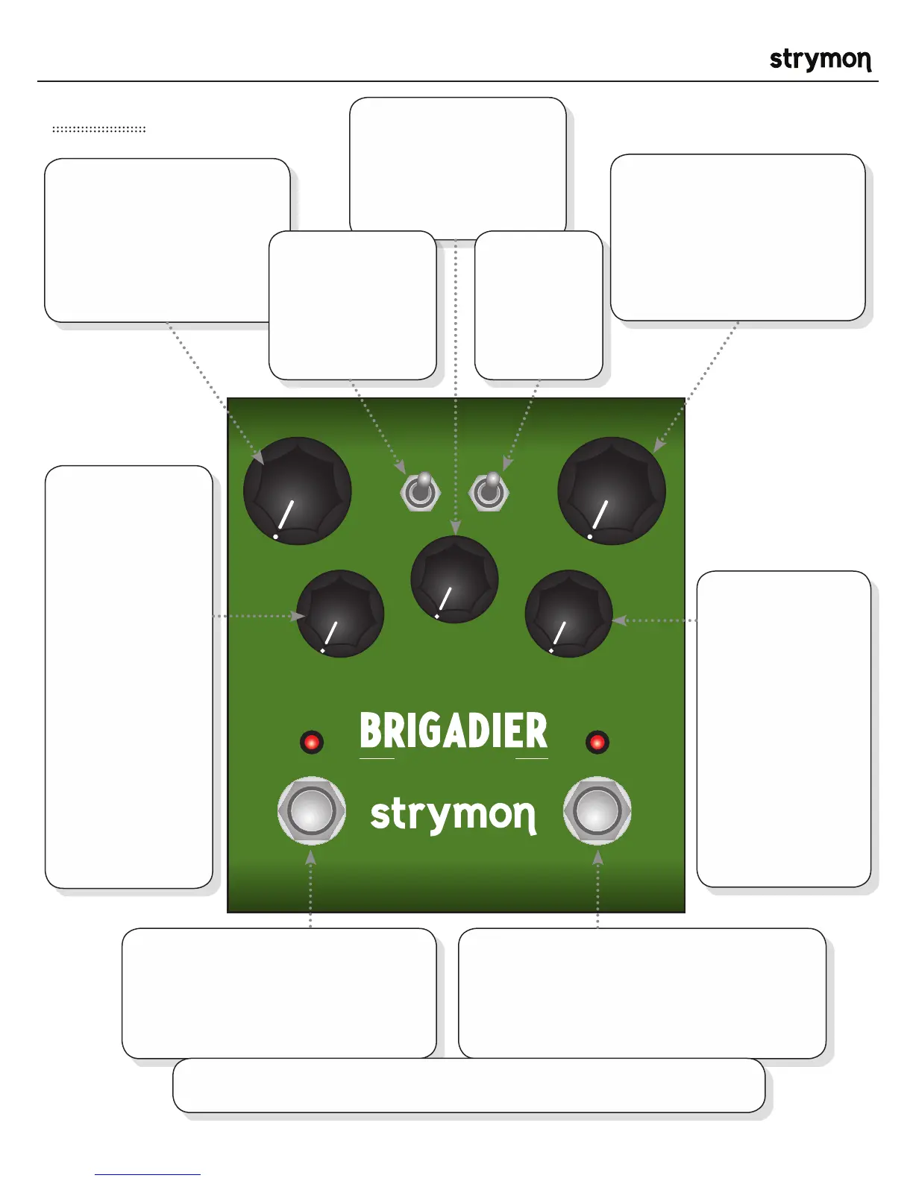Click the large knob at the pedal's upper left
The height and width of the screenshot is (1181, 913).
click(297, 491)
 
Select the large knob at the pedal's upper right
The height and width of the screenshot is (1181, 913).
click(612, 491)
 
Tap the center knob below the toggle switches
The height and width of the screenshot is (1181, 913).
click(454, 579)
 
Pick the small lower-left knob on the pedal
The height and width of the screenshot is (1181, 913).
click(340, 614)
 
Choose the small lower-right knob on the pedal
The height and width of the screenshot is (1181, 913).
click(568, 614)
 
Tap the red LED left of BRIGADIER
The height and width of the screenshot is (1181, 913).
click(311, 742)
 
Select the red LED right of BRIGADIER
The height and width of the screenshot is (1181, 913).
click(597, 742)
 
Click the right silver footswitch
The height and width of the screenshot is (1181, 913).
click(597, 811)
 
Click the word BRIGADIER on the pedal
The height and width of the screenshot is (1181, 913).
click(454, 731)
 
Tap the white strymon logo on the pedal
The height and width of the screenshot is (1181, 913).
click(454, 814)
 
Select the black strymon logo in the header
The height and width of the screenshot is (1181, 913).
click(820, 60)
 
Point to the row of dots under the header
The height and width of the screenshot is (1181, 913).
click(98, 130)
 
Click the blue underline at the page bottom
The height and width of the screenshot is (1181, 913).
click(147, 1174)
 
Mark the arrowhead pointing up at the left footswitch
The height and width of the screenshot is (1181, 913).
click(311, 858)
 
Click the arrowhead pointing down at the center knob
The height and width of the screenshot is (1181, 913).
click(455, 528)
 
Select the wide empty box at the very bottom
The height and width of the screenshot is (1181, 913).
click(468, 1085)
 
